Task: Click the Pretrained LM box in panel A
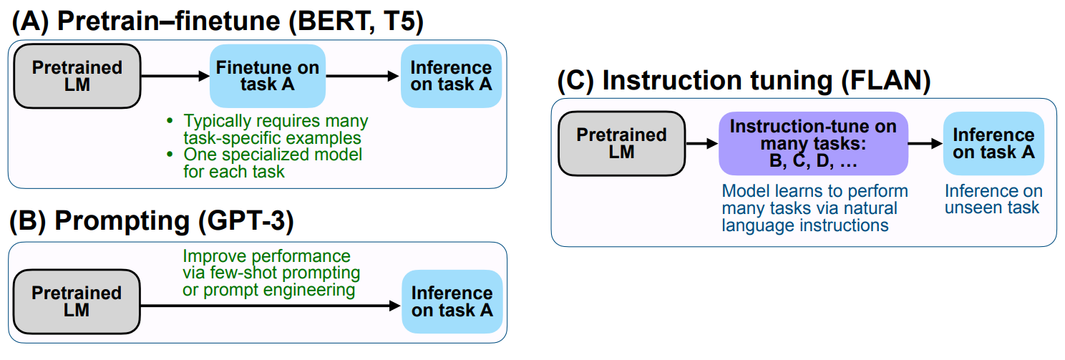[x=77, y=76]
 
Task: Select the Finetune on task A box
[x=268, y=76]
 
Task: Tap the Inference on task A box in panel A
[x=451, y=76]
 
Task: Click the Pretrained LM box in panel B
[x=77, y=301]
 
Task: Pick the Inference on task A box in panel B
[x=452, y=301]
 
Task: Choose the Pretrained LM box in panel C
[x=622, y=144]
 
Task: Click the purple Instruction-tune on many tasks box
[x=814, y=144]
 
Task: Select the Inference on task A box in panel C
[x=993, y=144]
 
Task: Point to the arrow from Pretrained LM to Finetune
[x=175, y=76]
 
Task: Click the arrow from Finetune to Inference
[x=363, y=76]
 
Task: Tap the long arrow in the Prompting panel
[x=271, y=306]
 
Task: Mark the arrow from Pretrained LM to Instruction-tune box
[x=701, y=144]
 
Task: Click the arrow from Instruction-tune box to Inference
[x=925, y=144]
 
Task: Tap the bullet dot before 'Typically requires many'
[x=170, y=121]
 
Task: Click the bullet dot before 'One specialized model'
[x=170, y=155]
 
